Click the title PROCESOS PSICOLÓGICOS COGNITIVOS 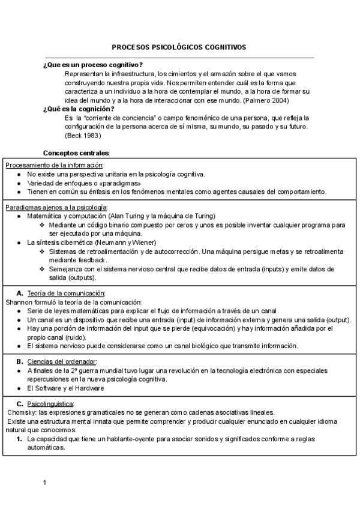179,47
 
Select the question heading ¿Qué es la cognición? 79,109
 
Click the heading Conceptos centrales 76,153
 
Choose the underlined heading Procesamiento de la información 54,165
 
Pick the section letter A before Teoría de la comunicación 20,293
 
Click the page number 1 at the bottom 44,483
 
